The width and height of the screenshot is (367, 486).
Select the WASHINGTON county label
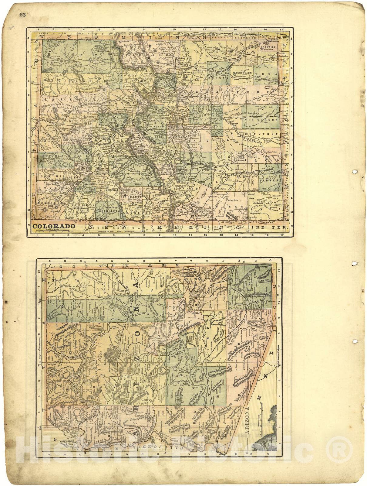(x=243, y=73)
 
